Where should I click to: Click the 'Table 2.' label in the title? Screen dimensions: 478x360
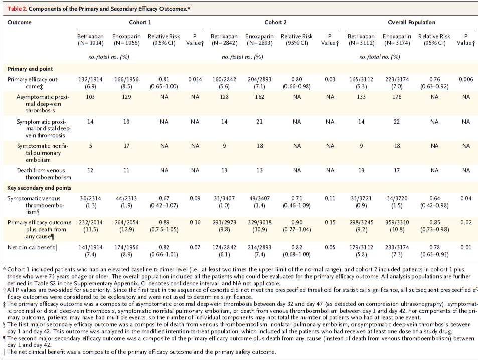17,9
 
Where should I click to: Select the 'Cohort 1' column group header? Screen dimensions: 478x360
140,22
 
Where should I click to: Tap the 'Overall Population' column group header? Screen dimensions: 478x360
411,22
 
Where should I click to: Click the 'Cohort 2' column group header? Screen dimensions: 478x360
275,22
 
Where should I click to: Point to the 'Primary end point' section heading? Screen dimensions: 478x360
30,69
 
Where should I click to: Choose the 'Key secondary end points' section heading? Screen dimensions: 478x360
39,188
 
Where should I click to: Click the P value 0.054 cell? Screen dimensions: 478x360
195,79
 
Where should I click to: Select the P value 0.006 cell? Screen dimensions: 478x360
466,79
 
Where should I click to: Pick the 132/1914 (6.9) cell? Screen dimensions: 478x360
90,83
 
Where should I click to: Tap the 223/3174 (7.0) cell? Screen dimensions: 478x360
397,83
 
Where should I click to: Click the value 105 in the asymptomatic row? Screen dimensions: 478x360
90,97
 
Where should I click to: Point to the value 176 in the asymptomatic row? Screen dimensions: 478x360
397,97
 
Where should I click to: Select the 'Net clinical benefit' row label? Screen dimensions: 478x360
32,247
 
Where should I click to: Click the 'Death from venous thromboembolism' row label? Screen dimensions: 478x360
44,174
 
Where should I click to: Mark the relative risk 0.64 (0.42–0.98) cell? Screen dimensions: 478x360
434,202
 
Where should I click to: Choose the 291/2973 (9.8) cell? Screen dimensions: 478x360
224,226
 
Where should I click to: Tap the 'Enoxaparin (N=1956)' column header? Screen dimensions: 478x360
126,40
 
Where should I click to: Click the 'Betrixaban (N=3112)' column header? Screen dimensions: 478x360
361,40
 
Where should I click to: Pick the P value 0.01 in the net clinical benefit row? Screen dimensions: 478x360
466,247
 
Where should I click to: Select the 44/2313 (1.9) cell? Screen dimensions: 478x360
126,202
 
